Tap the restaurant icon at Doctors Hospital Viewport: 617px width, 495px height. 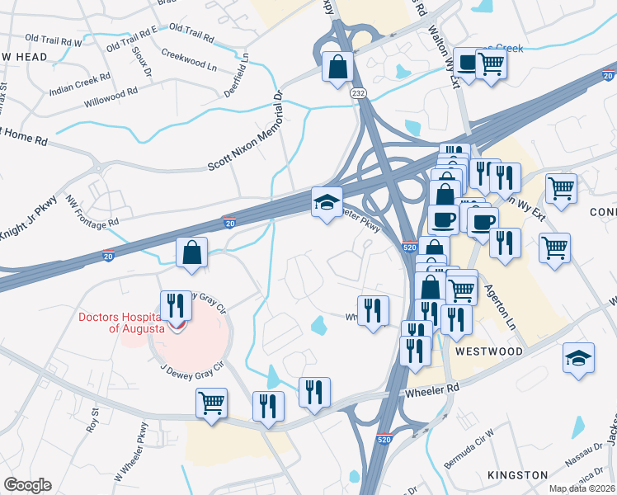tap(175, 306)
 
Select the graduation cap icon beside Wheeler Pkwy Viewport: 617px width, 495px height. tap(327, 202)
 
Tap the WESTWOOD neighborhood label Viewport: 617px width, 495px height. tap(488, 351)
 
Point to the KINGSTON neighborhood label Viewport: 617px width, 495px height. tap(517, 475)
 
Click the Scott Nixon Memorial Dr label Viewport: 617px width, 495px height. tap(245, 131)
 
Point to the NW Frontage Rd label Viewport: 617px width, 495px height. tap(92, 212)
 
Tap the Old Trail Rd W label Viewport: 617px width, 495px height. tap(54, 40)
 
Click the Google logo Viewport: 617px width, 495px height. tap(27, 484)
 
